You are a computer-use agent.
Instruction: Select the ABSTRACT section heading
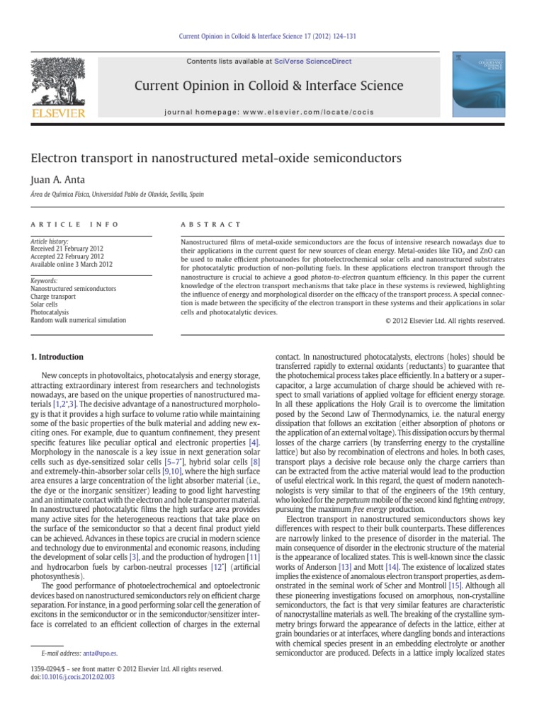pos(211,224)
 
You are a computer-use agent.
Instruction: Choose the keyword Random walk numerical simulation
pos(79,320)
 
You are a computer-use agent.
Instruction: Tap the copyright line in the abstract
pos(444,321)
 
